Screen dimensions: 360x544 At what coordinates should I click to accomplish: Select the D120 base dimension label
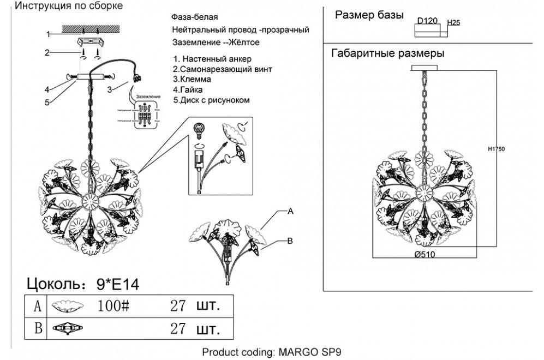(428, 22)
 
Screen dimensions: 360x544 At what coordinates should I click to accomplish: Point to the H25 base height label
(453, 23)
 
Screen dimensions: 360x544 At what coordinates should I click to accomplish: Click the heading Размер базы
(369, 15)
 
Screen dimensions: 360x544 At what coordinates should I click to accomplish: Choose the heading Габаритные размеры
(387, 53)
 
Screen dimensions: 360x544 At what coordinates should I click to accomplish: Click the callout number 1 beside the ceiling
(48, 34)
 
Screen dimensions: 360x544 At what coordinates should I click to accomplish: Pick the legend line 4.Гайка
(188, 89)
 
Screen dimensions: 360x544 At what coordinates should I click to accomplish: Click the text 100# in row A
(113, 305)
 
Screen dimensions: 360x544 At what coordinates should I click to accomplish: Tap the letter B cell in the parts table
(37, 329)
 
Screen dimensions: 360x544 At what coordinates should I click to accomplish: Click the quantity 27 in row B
(178, 329)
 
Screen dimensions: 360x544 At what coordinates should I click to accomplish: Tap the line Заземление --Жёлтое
(215, 42)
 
